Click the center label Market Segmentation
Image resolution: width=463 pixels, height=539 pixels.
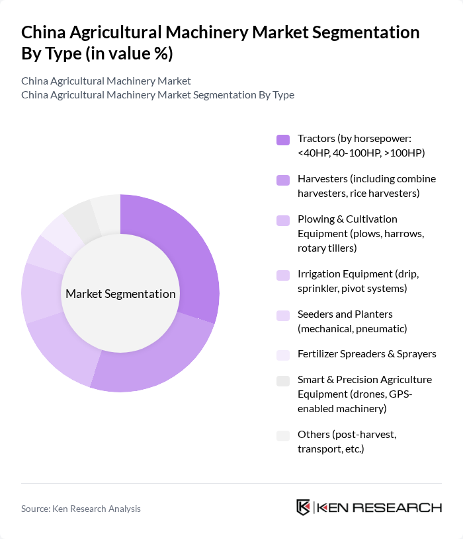pos(120,294)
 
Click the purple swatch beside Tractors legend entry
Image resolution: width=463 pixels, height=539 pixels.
pos(283,139)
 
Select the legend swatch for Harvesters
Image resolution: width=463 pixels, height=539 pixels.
pos(283,180)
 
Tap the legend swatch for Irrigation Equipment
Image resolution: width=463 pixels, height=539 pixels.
pos(283,275)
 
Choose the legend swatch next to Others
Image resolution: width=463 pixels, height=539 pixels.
pos(283,435)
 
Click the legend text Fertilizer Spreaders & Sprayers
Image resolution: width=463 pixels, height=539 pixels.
pos(367,354)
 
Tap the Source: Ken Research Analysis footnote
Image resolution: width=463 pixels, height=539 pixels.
pos(81,509)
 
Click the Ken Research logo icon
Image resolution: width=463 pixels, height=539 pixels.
pos(304,507)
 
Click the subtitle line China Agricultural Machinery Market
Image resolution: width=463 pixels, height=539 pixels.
pos(106,81)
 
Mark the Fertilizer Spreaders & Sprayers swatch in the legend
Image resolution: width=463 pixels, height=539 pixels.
pos(283,355)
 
